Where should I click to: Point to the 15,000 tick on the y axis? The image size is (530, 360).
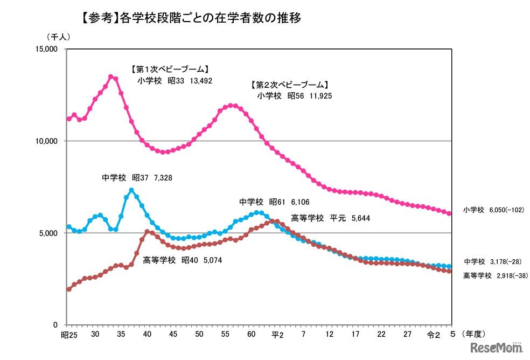(x=47, y=50)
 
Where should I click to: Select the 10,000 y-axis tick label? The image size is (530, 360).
(x=47, y=141)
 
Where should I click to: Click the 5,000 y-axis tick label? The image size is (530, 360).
(x=49, y=233)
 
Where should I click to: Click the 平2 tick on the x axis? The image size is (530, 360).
(x=277, y=335)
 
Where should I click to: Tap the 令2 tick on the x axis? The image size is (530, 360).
(x=433, y=335)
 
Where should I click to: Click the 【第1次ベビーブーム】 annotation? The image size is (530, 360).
(x=169, y=70)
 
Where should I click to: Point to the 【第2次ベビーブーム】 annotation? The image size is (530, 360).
(x=289, y=85)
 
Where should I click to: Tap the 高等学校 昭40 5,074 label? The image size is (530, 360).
(x=182, y=260)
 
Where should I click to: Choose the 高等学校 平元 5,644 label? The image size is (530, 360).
(x=330, y=218)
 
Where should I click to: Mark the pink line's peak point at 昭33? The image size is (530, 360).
(x=111, y=77)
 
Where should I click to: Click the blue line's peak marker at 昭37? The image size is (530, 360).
(x=131, y=190)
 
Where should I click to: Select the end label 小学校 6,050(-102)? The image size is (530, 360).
(x=493, y=210)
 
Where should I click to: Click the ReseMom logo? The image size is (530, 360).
(x=497, y=348)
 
